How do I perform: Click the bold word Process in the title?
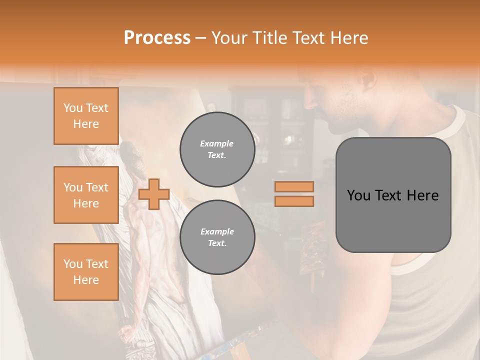coord(157,38)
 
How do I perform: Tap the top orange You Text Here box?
coord(86,116)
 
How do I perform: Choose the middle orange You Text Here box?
coord(86,195)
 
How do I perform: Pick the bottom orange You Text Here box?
coord(86,272)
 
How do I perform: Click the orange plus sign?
coord(154,193)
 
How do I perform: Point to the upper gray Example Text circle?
coord(217,149)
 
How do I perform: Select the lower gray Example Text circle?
coord(217,237)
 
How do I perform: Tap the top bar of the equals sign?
coord(294,186)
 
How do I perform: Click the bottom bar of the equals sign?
coord(294,201)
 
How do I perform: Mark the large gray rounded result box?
coord(393,195)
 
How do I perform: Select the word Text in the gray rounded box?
coord(392,195)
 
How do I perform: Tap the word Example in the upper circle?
coord(217,144)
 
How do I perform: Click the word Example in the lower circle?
coord(217,232)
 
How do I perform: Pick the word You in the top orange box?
coord(73,108)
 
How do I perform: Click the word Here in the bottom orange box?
coord(86,280)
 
